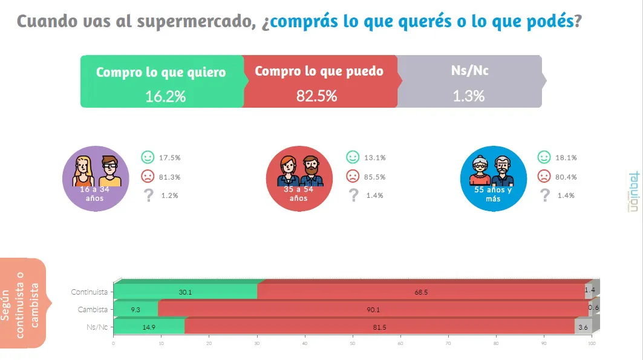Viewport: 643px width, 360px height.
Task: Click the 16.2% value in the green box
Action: pyautogui.click(x=165, y=96)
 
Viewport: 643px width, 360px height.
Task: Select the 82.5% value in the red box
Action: pyautogui.click(x=316, y=96)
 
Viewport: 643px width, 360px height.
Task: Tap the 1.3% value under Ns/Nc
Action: pyautogui.click(x=468, y=96)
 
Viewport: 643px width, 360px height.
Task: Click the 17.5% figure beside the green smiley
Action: pyautogui.click(x=169, y=157)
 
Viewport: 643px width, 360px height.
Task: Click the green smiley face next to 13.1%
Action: pyautogui.click(x=352, y=157)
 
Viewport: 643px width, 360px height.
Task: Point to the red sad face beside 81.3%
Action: pyautogui.click(x=148, y=177)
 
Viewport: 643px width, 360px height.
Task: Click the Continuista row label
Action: pyautogui.click(x=89, y=292)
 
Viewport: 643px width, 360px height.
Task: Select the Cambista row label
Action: pyautogui.click(x=93, y=310)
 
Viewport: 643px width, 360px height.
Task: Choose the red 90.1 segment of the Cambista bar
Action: pyautogui.click(x=373, y=310)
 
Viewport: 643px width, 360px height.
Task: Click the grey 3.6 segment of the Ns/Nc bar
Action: pyautogui.click(x=583, y=327)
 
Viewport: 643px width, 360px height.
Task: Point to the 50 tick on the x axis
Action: pyautogui.click(x=353, y=343)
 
